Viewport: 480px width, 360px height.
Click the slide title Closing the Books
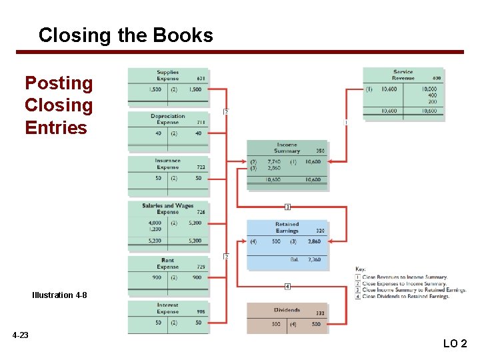click(x=125, y=35)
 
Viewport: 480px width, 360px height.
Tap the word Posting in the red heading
click(x=59, y=83)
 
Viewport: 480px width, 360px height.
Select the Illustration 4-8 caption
click(x=59, y=295)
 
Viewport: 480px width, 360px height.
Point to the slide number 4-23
click(x=20, y=335)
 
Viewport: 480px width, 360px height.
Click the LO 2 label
click(x=455, y=344)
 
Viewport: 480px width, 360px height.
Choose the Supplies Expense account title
click(x=167, y=75)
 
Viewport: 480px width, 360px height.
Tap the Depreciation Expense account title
click(x=167, y=119)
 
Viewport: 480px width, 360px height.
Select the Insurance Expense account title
click(x=167, y=163)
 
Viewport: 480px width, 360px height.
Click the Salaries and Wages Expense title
click(x=167, y=209)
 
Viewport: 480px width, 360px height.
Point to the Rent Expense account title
click(x=167, y=263)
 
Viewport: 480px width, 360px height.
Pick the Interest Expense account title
click(x=167, y=308)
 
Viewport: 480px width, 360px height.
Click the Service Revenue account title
click(x=403, y=75)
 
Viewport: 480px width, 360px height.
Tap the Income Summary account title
click(x=287, y=147)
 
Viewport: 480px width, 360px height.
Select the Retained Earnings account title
click(x=287, y=227)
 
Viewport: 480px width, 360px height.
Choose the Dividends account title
click(x=287, y=310)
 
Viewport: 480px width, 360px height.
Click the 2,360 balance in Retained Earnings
click(x=314, y=259)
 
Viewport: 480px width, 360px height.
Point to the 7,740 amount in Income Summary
click(x=274, y=161)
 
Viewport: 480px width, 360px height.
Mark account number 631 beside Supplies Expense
click(x=201, y=79)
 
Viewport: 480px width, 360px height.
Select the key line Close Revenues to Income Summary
click(x=404, y=277)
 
